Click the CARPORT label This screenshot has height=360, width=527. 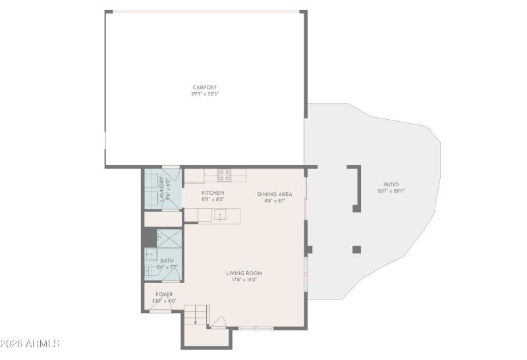pos(204,88)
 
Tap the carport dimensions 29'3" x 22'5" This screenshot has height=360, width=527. pos(204,94)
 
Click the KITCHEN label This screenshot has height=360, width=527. pos(213,192)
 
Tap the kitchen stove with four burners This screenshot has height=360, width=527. pos(225,175)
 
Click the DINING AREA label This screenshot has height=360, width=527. pos(274,194)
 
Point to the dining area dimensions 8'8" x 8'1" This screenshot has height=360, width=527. pos(274,201)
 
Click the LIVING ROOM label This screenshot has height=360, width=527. pos(244,273)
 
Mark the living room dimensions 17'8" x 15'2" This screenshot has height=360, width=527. pos(244,280)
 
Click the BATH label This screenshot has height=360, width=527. pos(167,261)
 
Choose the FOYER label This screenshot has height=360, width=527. pos(164,294)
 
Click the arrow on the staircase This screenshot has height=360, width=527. pos(196,321)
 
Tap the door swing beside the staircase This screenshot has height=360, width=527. pos(219,322)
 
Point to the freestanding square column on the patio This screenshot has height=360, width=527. pos(356,249)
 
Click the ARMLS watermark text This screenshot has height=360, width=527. pos(31,344)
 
